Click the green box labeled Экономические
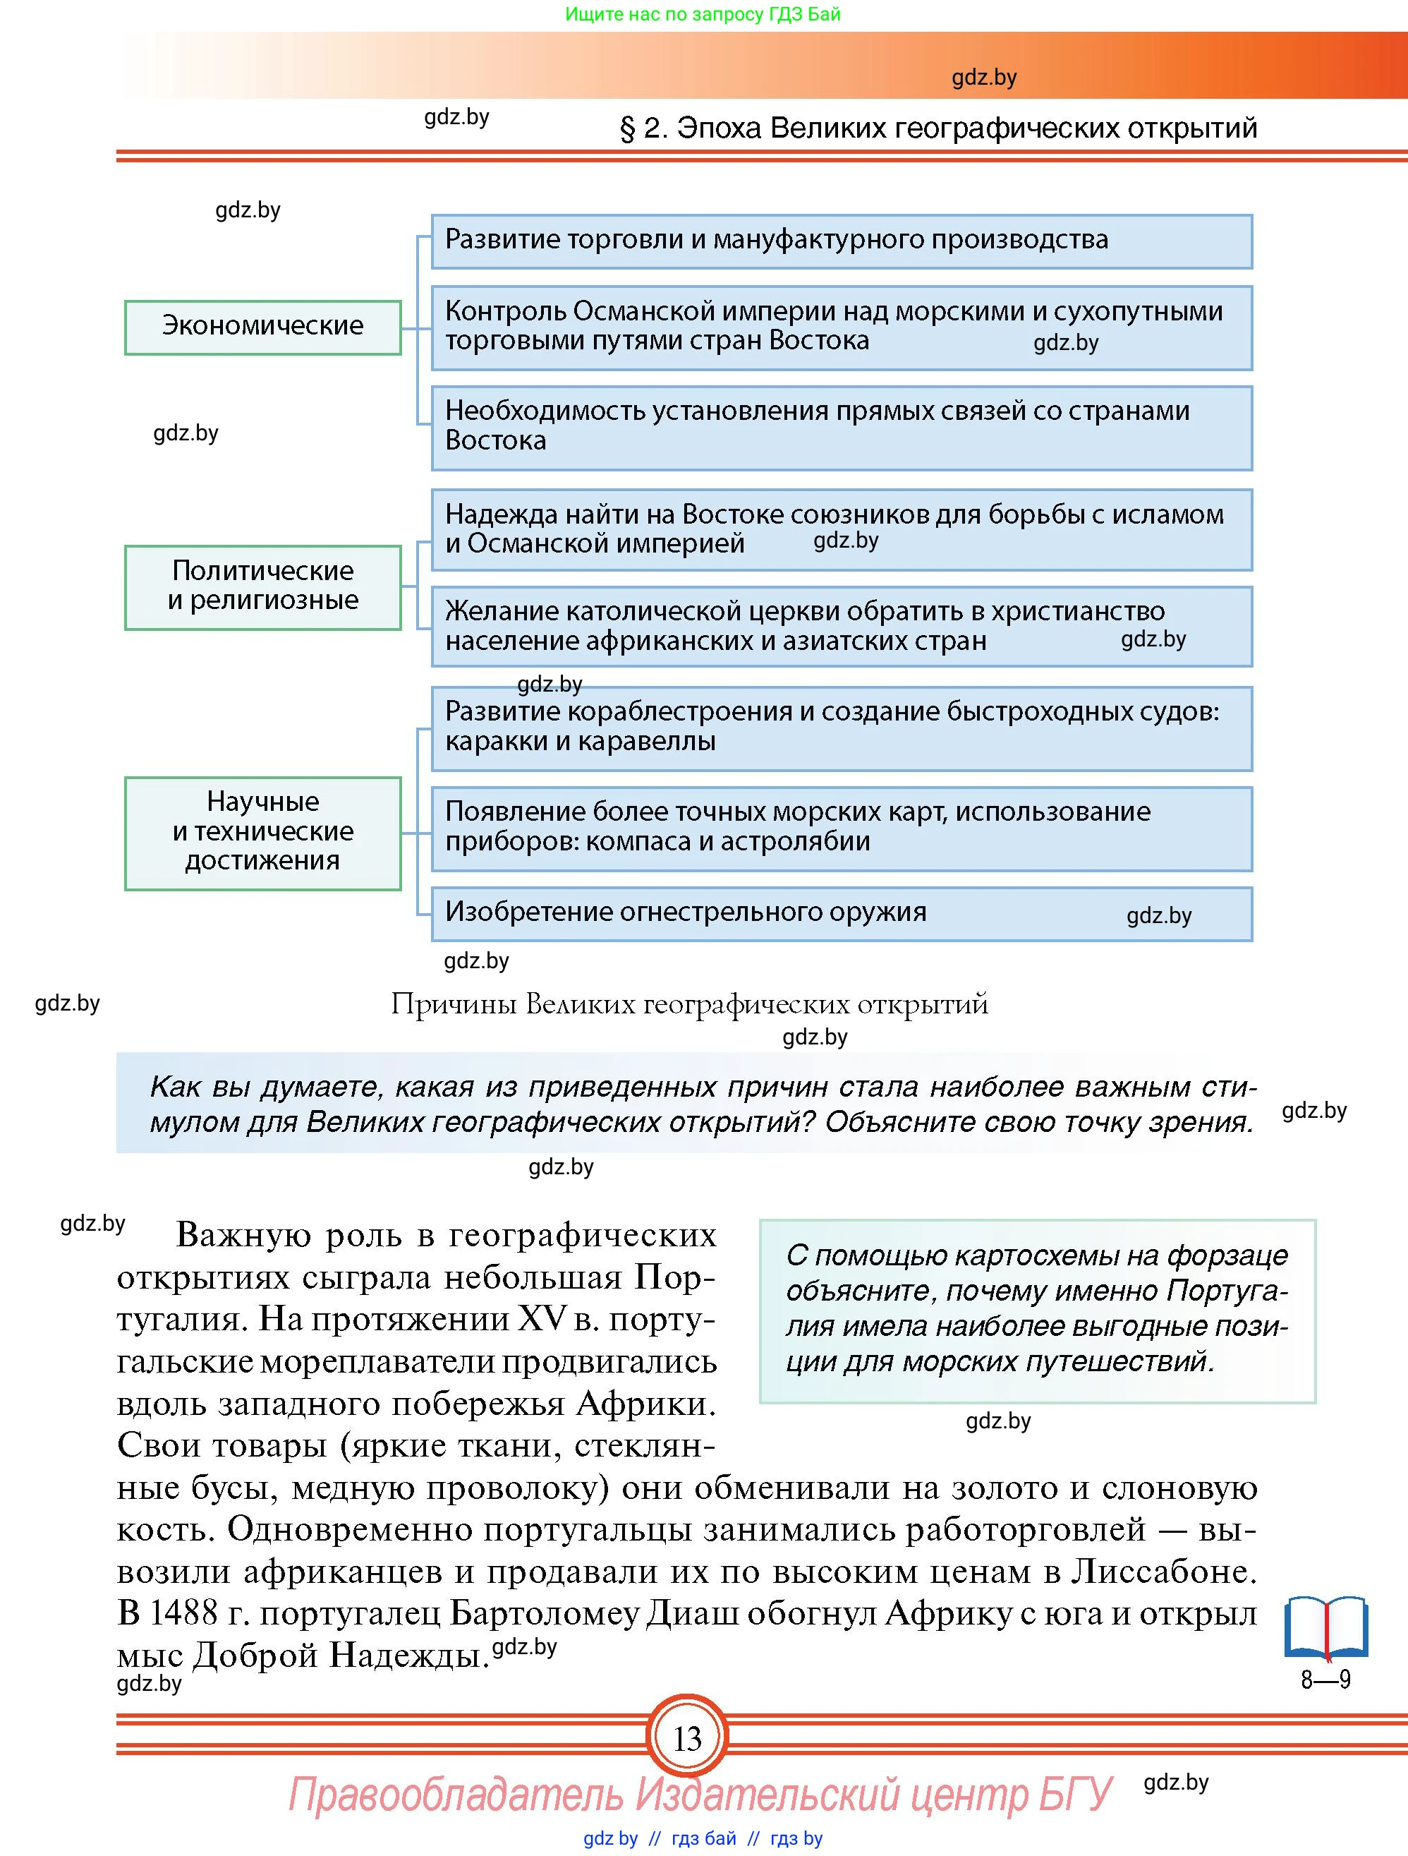tap(262, 327)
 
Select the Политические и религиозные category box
tap(262, 586)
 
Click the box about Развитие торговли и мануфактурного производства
tap(841, 241)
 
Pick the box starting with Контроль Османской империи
tap(841, 327)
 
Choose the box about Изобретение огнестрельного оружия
tap(841, 913)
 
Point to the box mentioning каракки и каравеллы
tap(841, 728)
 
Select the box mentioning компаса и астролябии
tap(841, 827)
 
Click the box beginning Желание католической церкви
tap(841, 626)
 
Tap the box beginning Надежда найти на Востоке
tap(841, 529)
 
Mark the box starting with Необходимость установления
tap(841, 427)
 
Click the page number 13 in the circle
tap(687, 1737)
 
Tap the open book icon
tap(1325, 1628)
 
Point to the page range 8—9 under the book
tap(1325, 1679)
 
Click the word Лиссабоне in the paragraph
tap(1163, 1572)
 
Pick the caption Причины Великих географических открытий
tap(689, 1004)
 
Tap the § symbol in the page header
tap(627, 128)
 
